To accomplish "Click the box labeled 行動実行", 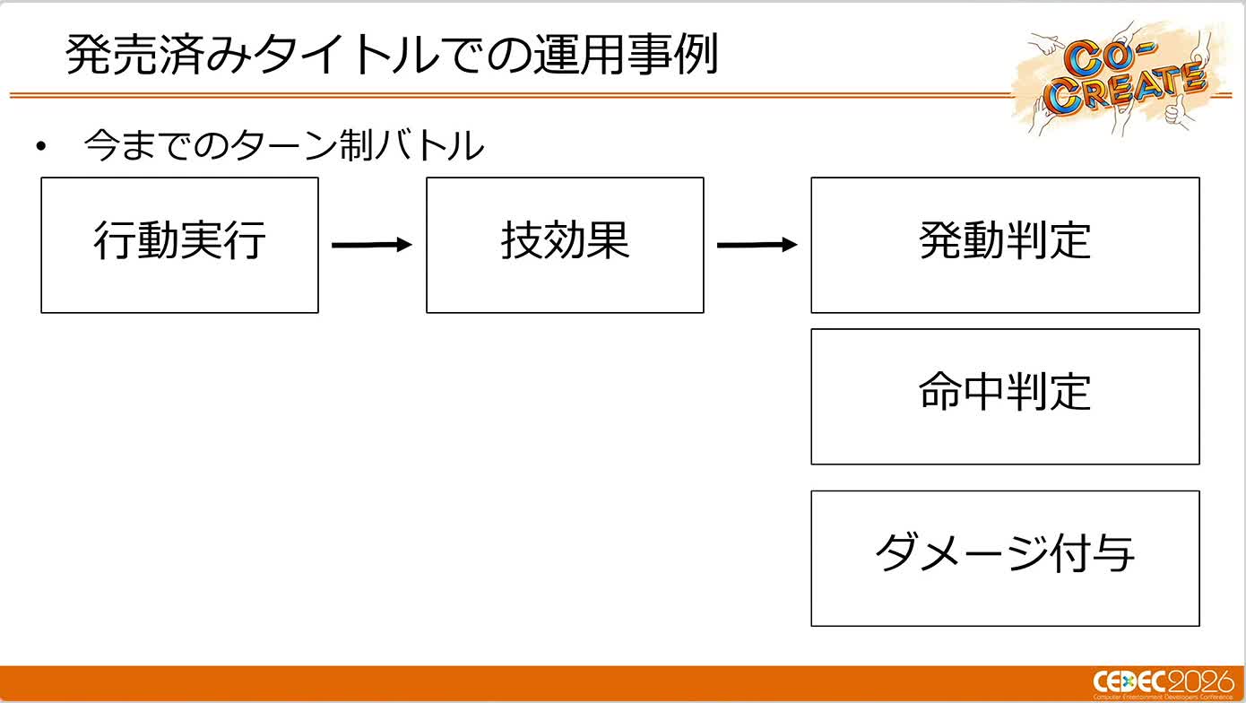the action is [x=179, y=245].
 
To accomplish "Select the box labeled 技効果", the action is [x=565, y=245].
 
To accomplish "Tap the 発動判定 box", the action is [x=1005, y=245].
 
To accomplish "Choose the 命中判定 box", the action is [x=1005, y=396].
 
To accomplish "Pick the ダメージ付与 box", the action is [x=1005, y=559].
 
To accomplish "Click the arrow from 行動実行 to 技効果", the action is [x=372, y=245].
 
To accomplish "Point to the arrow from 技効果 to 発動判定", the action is [x=757, y=245].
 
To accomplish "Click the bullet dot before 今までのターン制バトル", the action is [x=41, y=146].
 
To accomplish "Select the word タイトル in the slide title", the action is [x=346, y=54].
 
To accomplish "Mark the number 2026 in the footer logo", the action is [x=1200, y=681].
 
